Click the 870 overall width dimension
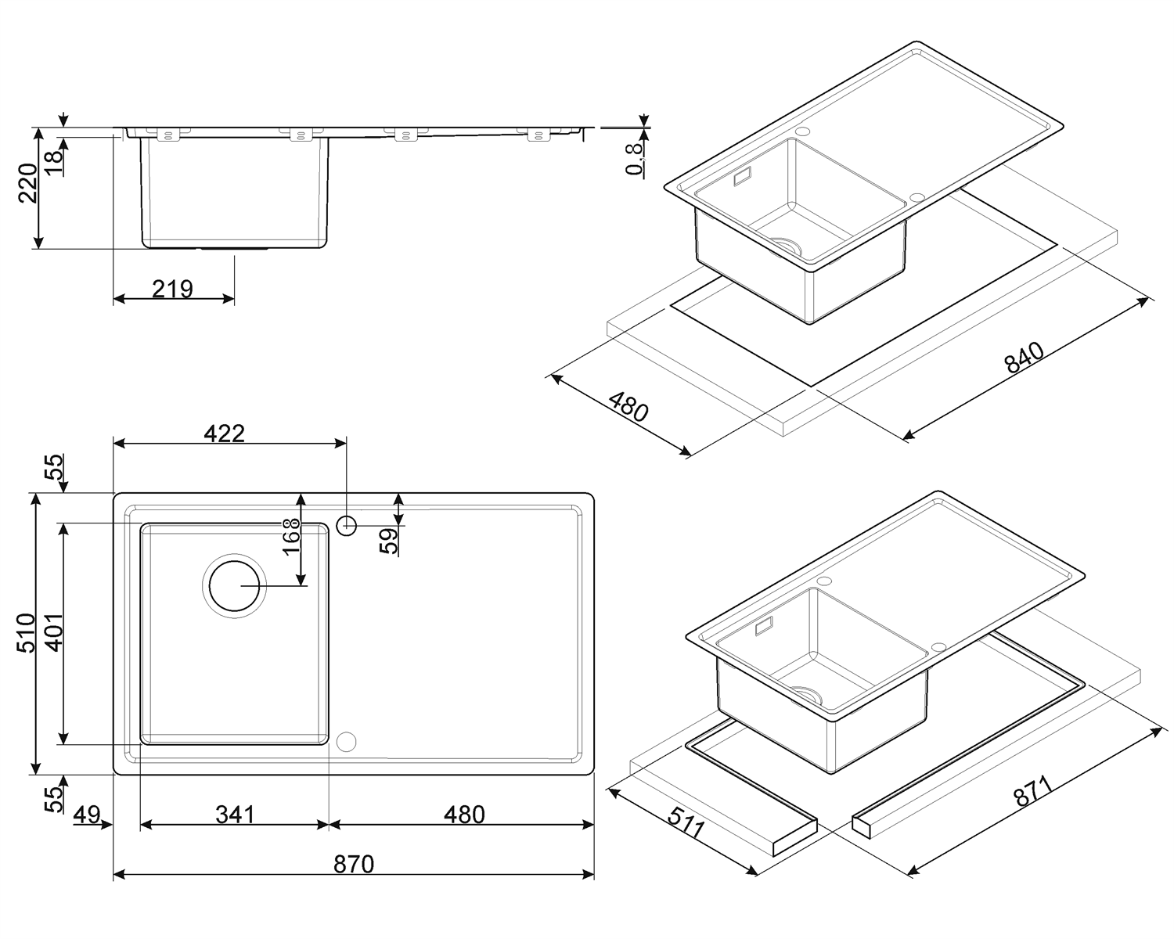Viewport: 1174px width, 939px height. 354,864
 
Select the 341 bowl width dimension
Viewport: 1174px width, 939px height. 235,815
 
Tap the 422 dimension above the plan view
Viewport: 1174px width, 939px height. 224,434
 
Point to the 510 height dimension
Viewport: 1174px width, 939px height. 26,633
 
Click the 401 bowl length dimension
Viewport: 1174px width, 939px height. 54,633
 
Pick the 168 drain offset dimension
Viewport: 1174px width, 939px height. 292,536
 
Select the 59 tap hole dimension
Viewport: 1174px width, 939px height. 389,541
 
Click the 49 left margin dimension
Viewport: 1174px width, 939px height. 88,815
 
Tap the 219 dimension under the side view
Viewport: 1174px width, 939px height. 172,290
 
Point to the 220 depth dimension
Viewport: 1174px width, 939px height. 28,183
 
